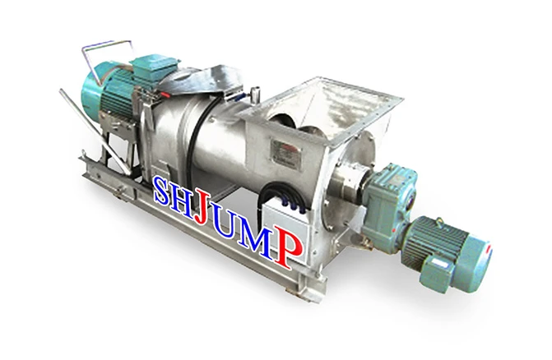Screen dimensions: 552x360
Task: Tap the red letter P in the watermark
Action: click(288, 247)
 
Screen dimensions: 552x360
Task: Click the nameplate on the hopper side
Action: click(286, 150)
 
